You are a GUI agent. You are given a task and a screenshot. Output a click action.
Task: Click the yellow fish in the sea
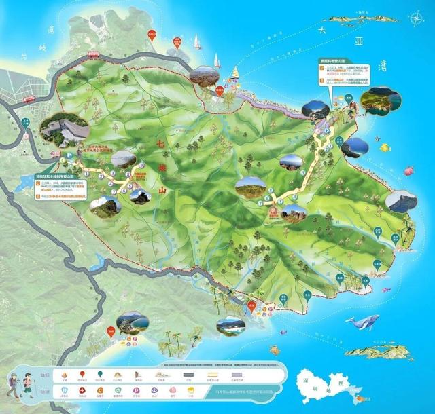(x=385, y=146)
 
